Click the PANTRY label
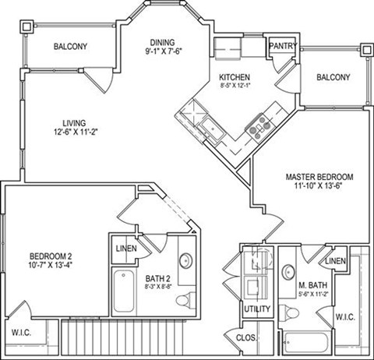(x=282, y=46)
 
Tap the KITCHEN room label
(x=234, y=77)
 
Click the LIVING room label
(x=75, y=122)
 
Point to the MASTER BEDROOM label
(x=319, y=175)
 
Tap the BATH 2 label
(x=159, y=276)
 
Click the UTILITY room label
(x=257, y=309)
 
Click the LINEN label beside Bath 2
(x=125, y=249)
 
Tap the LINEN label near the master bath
(x=336, y=260)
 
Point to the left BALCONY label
(x=71, y=47)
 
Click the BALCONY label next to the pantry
(x=333, y=77)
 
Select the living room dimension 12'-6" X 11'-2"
(x=75, y=133)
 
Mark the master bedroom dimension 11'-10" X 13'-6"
(x=319, y=187)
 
